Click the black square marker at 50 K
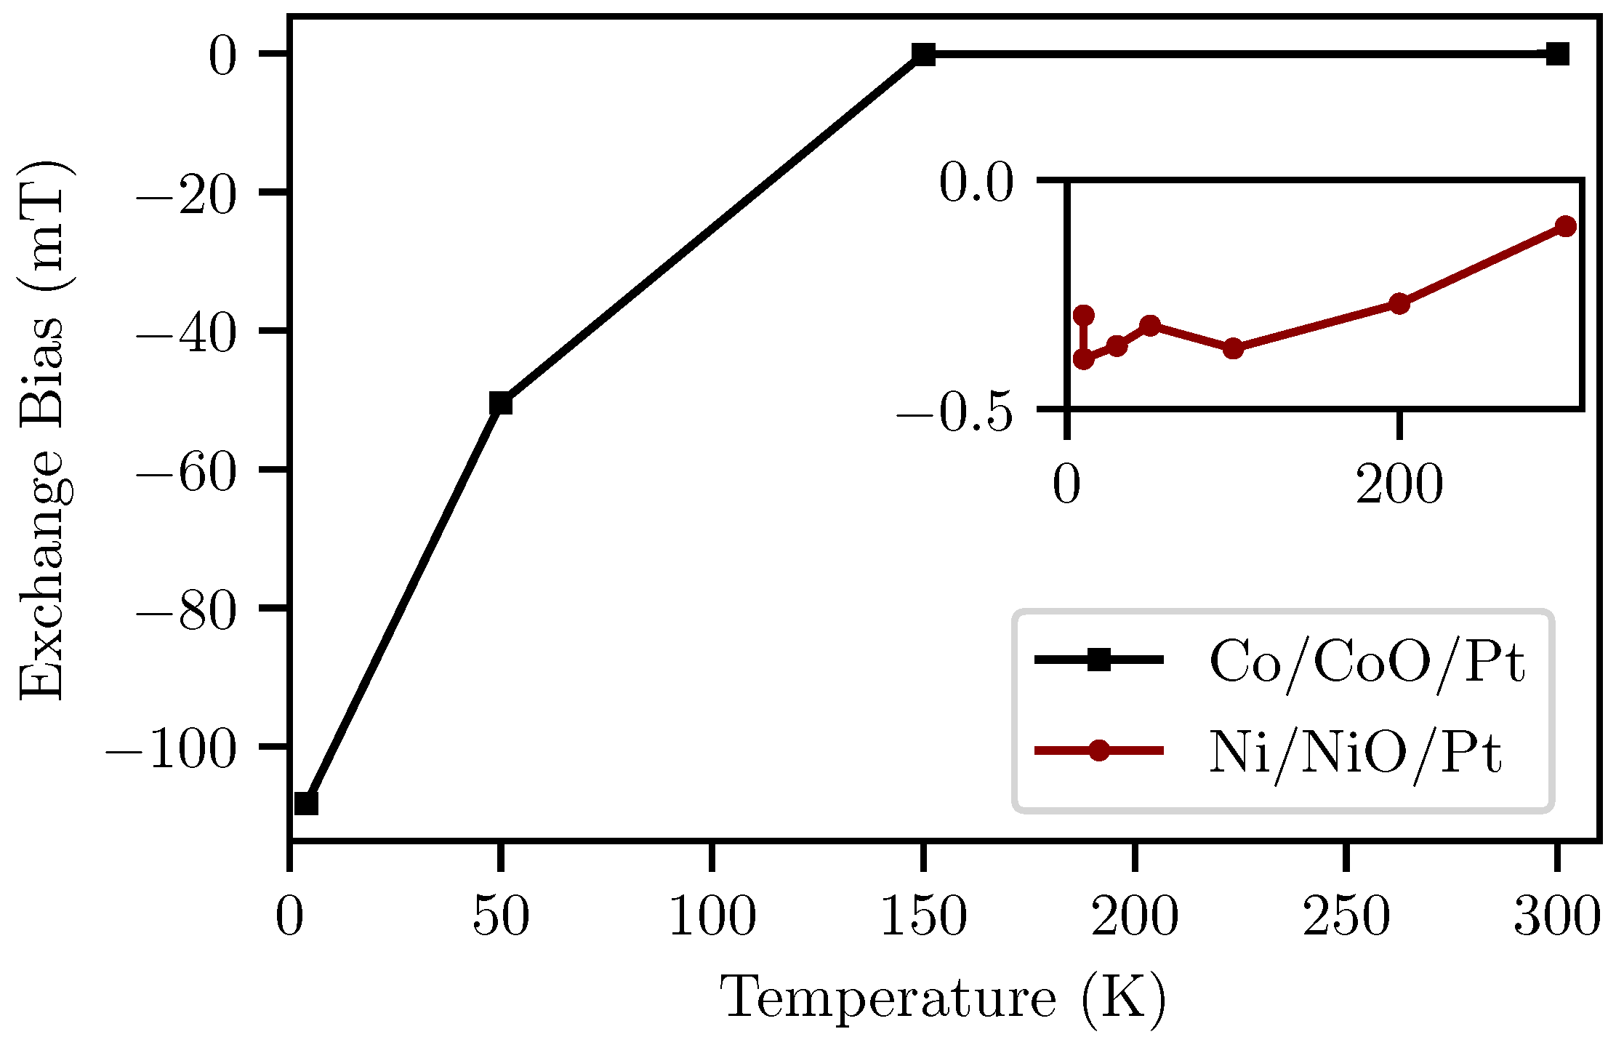click(x=500, y=403)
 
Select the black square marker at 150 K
click(x=923, y=54)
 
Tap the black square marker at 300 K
click(x=1557, y=54)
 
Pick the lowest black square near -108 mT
click(x=306, y=804)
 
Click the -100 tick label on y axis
click(x=172, y=750)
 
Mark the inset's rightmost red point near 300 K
click(x=1565, y=226)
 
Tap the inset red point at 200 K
click(x=1399, y=304)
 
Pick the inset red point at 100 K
click(x=1233, y=348)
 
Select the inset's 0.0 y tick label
click(x=976, y=183)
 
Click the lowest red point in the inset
click(x=1083, y=359)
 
